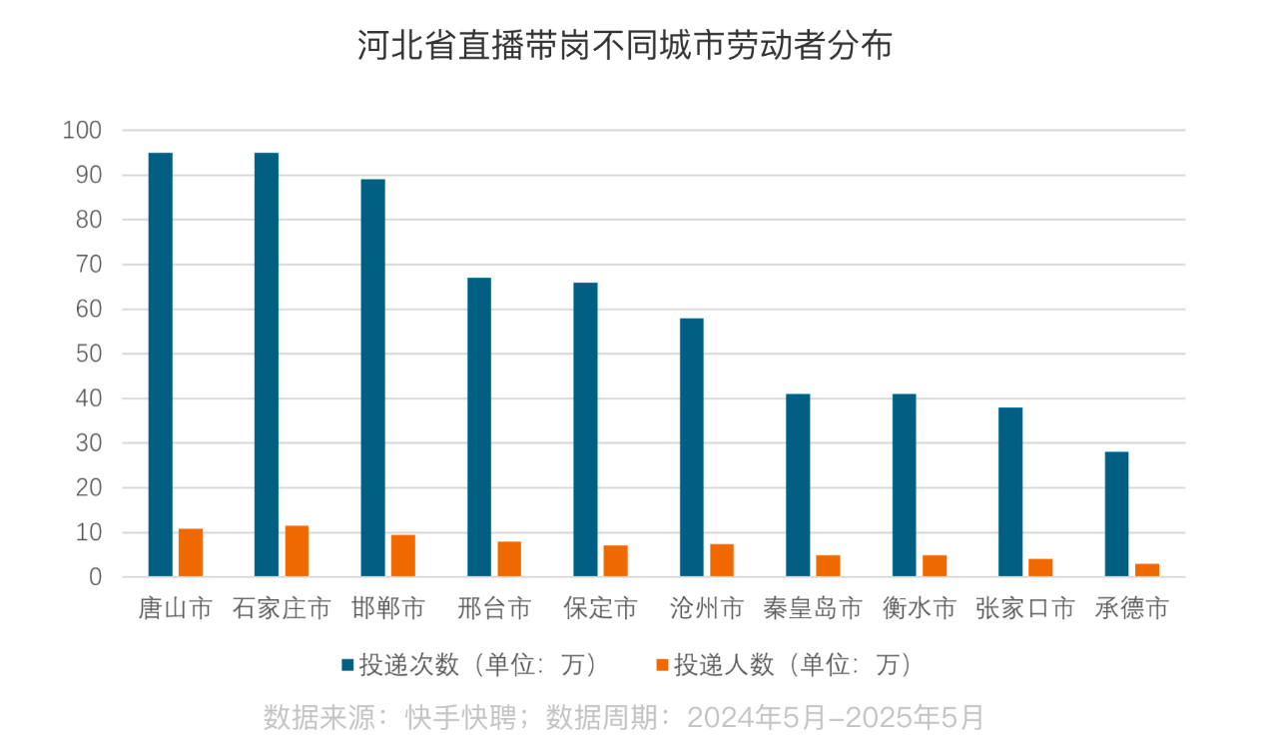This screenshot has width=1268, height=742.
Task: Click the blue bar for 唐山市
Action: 160,365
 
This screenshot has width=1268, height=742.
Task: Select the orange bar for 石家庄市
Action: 297,551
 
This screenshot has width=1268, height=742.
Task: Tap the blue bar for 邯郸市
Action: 372,377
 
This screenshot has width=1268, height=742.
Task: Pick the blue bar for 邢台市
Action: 479,426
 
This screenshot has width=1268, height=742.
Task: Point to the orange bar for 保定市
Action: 615,561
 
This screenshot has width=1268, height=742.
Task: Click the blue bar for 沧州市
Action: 691,447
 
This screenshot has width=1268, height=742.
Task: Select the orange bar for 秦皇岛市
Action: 828,566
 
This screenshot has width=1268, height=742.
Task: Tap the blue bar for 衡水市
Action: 904,485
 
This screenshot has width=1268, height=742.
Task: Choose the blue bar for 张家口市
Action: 1010,492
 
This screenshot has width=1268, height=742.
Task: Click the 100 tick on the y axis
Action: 82,130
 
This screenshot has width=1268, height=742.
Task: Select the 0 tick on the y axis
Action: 95,577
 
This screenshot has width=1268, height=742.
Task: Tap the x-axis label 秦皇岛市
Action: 812,609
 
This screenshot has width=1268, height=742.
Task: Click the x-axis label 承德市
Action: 1131,609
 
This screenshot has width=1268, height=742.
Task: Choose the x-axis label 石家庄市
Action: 281,609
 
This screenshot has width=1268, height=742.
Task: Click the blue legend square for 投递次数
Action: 347,665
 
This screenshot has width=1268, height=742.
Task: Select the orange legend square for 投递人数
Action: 661,665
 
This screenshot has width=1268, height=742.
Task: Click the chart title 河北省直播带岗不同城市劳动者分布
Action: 624,46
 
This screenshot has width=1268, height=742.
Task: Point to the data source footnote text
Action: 624,716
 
